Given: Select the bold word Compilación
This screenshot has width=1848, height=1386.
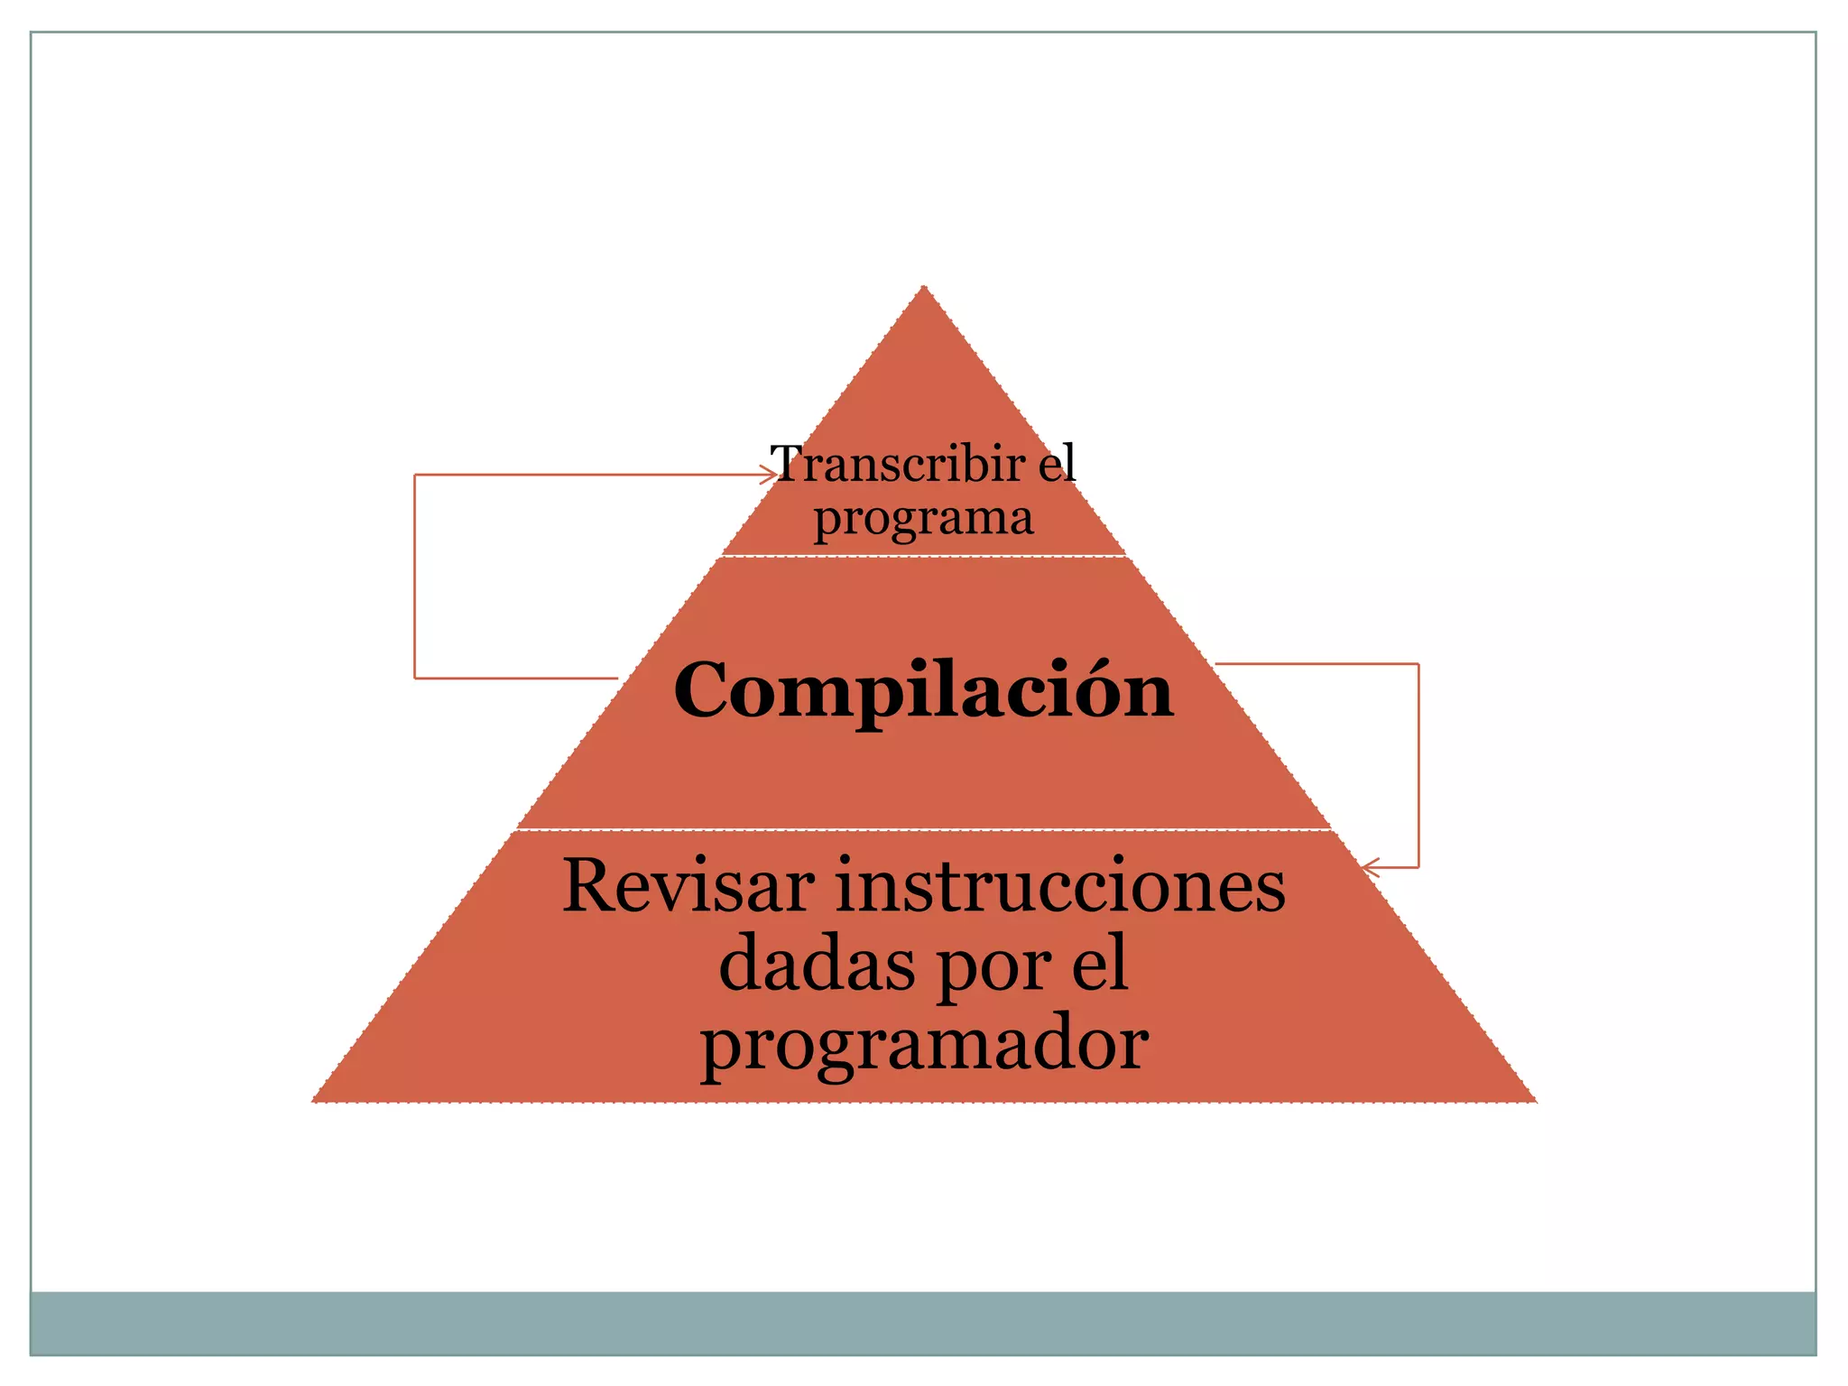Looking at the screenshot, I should point(923,690).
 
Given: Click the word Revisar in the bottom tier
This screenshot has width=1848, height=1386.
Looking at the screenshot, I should point(688,886).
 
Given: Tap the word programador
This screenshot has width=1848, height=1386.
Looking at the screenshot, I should point(924,1045).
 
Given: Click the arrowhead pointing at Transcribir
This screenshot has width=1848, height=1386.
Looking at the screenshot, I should point(769,475).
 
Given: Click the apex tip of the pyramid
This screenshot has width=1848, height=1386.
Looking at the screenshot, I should point(923,288).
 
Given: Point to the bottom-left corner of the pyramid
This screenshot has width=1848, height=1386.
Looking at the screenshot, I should point(315,1100).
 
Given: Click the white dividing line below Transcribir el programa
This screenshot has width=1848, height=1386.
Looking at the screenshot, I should point(923,556).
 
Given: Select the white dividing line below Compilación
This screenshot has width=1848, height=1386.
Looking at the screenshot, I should point(923,829).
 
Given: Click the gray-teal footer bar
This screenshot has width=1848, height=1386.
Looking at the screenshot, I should point(923,1322).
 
